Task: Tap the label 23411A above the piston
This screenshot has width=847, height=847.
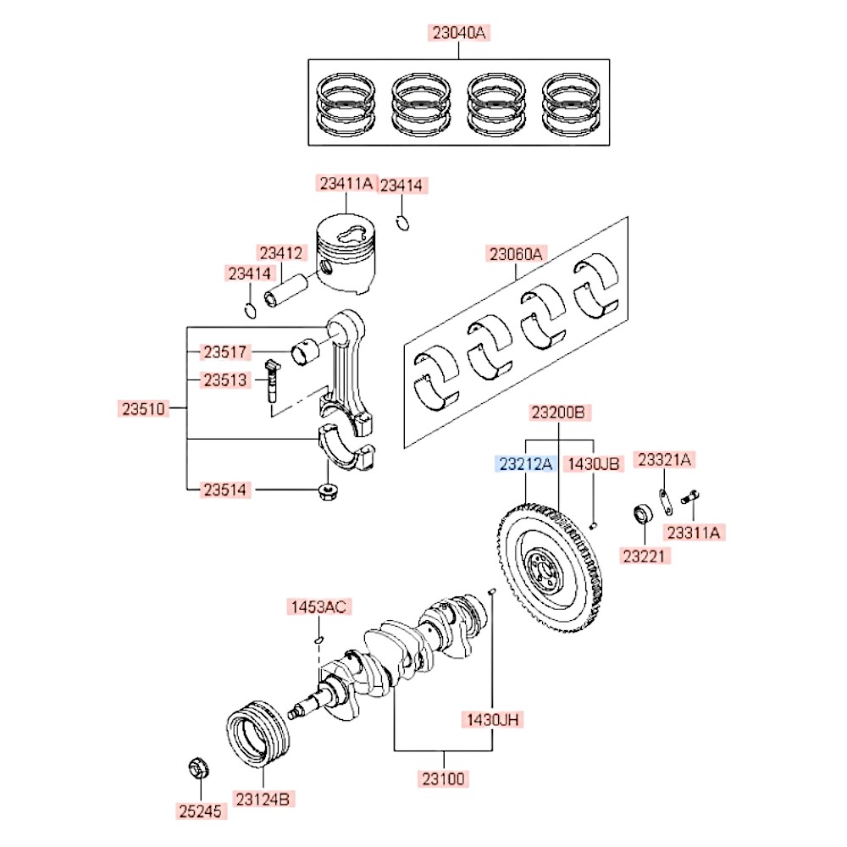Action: click(x=346, y=182)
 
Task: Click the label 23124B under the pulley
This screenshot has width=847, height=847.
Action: click(x=264, y=799)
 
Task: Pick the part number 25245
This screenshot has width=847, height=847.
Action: click(x=201, y=811)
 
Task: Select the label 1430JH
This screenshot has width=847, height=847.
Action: click(x=493, y=720)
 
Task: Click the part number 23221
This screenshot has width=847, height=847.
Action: click(x=645, y=556)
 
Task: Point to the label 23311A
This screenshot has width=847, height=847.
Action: click(x=693, y=532)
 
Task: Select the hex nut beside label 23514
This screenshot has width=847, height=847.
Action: click(x=326, y=490)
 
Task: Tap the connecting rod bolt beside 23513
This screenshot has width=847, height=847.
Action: click(x=271, y=380)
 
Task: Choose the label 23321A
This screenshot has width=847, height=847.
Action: click(x=664, y=459)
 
